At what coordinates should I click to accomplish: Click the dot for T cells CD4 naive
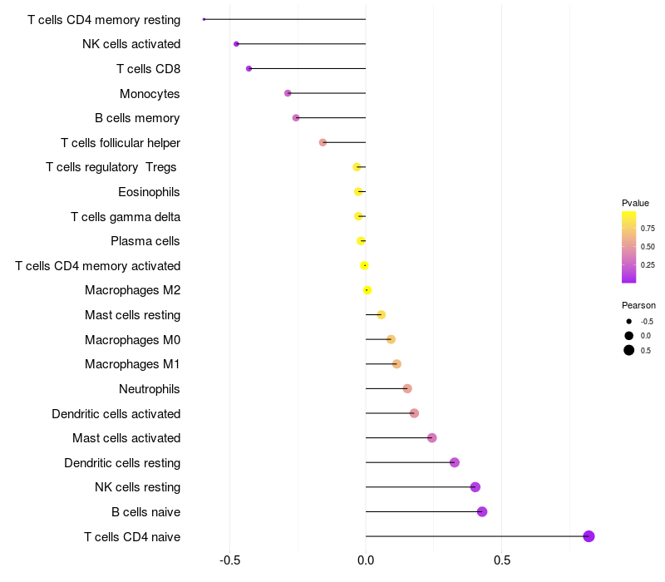click(x=589, y=536)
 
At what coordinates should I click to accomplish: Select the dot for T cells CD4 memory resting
click(x=204, y=19)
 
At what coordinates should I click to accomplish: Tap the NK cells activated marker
click(x=236, y=44)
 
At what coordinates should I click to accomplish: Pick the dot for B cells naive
click(x=482, y=511)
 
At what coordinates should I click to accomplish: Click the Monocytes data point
click(x=288, y=93)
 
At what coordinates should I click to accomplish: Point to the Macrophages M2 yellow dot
click(x=367, y=290)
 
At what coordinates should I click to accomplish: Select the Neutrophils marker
click(x=407, y=388)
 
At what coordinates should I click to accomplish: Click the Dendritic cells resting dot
click(x=454, y=462)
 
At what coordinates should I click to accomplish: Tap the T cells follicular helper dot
click(x=323, y=142)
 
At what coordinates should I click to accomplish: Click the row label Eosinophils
click(x=149, y=192)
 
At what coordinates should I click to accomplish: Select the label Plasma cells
click(x=145, y=241)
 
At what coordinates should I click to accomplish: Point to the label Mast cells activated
click(x=126, y=438)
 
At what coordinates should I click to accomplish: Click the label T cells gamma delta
click(x=126, y=217)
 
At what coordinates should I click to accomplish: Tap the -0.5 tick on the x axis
click(x=230, y=560)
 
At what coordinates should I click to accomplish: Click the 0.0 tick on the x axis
click(x=366, y=560)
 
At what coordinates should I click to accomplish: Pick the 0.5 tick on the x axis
click(x=502, y=560)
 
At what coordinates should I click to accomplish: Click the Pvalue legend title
click(x=635, y=203)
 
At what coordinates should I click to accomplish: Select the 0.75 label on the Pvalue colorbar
click(x=648, y=228)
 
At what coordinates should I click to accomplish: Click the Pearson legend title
click(x=638, y=305)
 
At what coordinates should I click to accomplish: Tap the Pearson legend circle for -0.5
click(x=629, y=322)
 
